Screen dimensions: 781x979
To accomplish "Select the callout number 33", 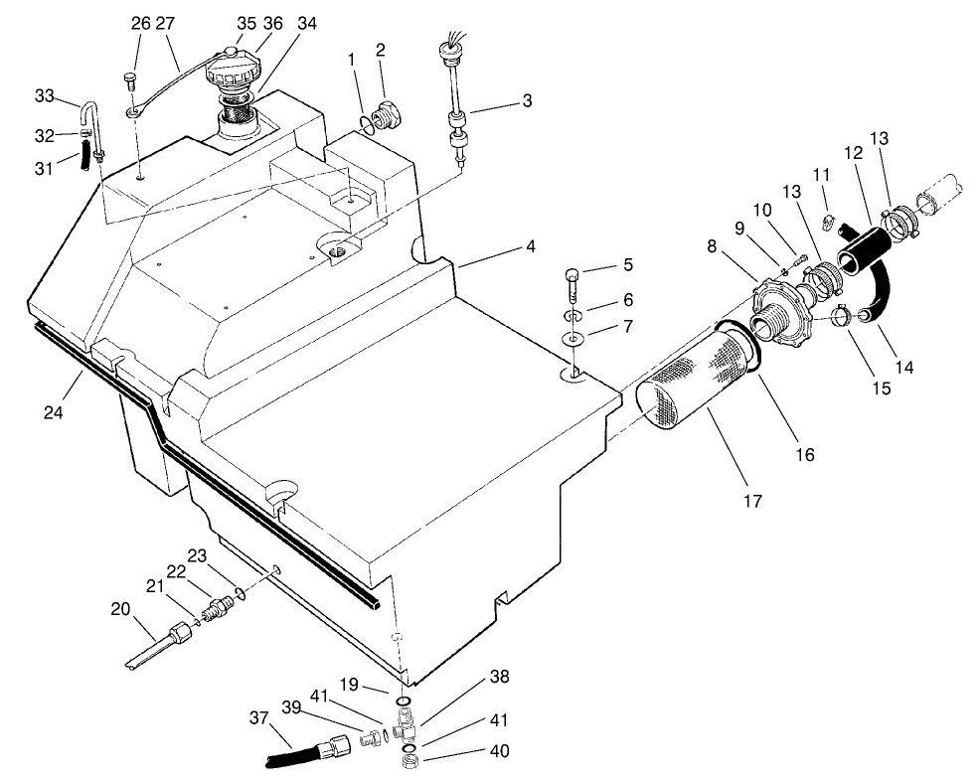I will pyautogui.click(x=44, y=96).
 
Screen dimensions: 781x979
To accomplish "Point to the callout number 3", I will pyautogui.click(x=527, y=100).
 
